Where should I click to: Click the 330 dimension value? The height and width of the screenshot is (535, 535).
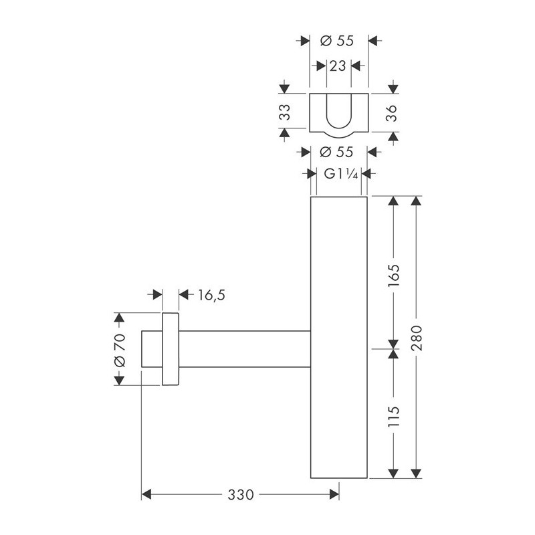click(241, 494)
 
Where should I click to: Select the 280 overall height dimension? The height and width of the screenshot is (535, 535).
click(416, 338)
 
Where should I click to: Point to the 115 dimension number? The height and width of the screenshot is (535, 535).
click(393, 416)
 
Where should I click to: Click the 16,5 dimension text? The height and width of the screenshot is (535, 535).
click(211, 295)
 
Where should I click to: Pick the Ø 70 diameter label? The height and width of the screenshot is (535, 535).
click(120, 350)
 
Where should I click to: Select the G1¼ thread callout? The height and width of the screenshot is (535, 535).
click(340, 174)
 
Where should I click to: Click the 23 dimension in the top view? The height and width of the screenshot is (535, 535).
click(338, 66)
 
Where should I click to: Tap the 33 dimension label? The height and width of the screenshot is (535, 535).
click(285, 112)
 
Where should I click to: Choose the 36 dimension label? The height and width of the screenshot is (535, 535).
click(392, 113)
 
